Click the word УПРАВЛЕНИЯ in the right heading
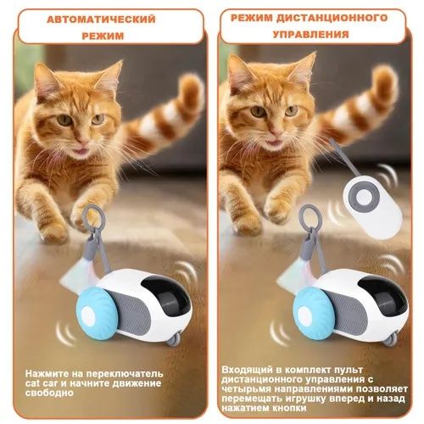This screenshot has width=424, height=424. [x=312, y=35]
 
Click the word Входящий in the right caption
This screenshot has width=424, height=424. [x=248, y=370]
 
